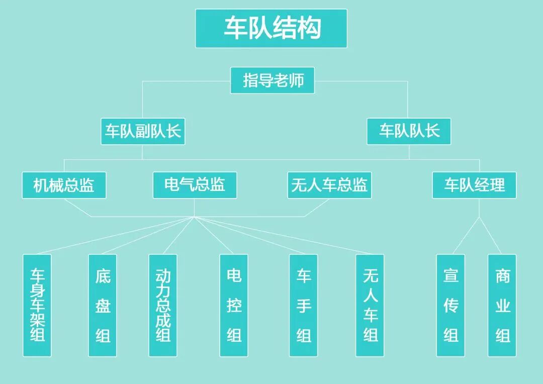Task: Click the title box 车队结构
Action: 271,29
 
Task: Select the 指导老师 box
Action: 273,80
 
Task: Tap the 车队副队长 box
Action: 143,132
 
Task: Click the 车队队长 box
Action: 409,132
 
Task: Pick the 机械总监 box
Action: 64,185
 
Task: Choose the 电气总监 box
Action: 195,185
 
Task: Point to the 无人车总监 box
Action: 329,185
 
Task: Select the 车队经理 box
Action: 474,185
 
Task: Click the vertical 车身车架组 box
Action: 37,305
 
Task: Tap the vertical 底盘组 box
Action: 103,305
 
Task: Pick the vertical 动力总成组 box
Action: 163,305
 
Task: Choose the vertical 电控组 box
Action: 234,305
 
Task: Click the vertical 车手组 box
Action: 303,305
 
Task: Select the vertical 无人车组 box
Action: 370,305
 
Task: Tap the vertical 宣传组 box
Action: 450,305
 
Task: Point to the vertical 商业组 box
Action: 502,305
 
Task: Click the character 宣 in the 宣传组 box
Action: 450,276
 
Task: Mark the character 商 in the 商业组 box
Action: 502,276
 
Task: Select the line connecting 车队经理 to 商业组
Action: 490,236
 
